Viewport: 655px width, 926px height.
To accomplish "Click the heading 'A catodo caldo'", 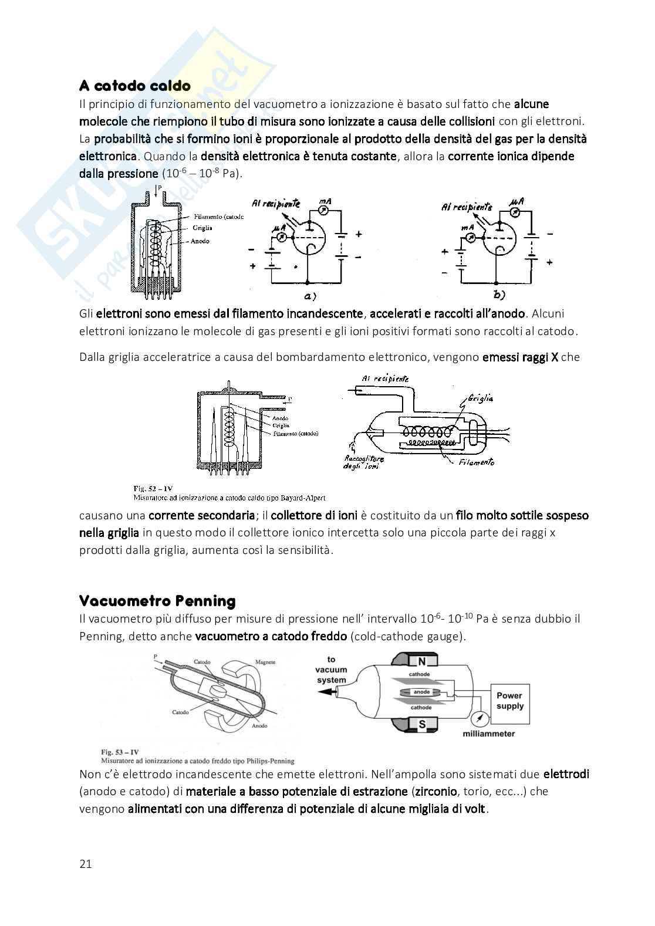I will (135, 86).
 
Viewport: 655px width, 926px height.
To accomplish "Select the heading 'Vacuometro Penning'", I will (157, 601).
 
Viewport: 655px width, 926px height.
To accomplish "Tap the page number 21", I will (86, 864).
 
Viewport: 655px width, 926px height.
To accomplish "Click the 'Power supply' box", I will (509, 700).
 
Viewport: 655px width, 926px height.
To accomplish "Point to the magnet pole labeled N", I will (421, 662).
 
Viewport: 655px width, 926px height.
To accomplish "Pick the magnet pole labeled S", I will (421, 725).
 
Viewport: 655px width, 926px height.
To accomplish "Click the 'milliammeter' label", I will (489, 734).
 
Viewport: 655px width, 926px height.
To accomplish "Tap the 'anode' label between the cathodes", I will (422, 692).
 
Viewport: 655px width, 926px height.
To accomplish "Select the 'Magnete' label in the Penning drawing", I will (265, 661).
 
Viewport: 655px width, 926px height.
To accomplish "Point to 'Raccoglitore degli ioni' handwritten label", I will (364, 462).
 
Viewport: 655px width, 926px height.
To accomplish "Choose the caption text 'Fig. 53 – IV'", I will (121, 752).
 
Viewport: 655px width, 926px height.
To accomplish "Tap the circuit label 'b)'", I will (500, 295).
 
